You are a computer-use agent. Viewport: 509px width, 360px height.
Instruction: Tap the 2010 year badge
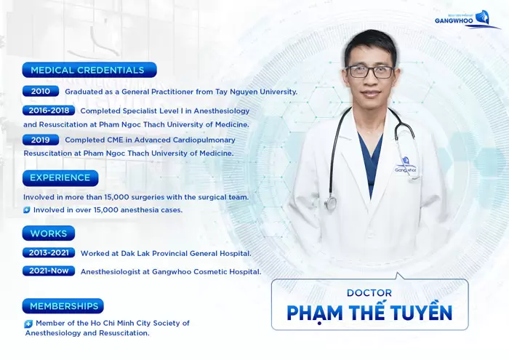(41, 92)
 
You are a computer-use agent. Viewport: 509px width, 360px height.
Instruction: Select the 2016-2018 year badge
(48, 111)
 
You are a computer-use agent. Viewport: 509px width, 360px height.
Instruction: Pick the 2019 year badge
(41, 140)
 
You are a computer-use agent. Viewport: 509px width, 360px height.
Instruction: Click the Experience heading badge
(60, 177)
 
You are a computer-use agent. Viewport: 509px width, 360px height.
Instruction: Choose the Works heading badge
(49, 233)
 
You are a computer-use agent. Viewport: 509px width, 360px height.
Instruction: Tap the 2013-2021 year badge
(49, 253)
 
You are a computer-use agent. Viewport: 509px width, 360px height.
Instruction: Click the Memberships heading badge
(63, 306)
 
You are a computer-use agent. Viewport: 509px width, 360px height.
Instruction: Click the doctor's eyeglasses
(370, 71)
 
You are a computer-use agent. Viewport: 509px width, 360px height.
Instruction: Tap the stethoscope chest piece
(331, 203)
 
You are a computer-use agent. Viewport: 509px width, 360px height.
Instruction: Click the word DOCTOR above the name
(369, 292)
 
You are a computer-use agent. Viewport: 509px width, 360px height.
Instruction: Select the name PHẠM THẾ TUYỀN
(369, 312)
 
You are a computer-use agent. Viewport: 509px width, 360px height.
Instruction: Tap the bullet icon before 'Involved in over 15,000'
(27, 210)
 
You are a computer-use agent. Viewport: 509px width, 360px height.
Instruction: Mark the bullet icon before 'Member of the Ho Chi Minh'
(28, 324)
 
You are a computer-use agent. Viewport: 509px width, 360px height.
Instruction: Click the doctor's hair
(370, 42)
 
